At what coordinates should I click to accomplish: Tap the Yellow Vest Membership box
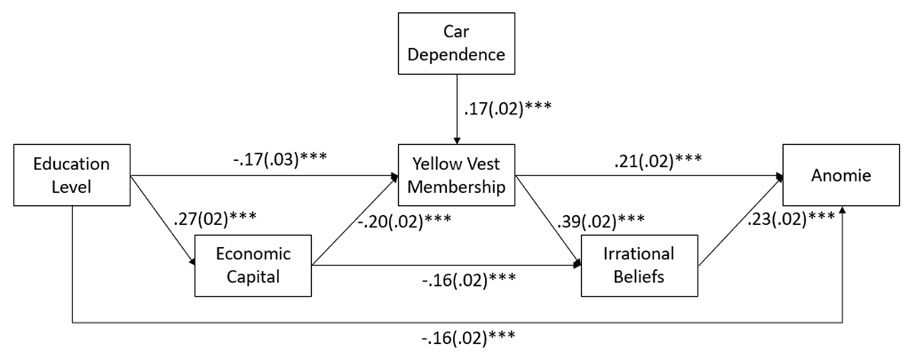pos(456,175)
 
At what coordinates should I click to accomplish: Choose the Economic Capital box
pos(254,265)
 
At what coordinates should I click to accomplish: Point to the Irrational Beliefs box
pos(639,265)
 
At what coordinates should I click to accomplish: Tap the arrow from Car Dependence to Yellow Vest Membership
pos(456,107)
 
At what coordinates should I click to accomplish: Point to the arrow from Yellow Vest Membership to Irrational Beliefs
pos(547,221)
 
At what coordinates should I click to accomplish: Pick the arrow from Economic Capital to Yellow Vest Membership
pos(355,222)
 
